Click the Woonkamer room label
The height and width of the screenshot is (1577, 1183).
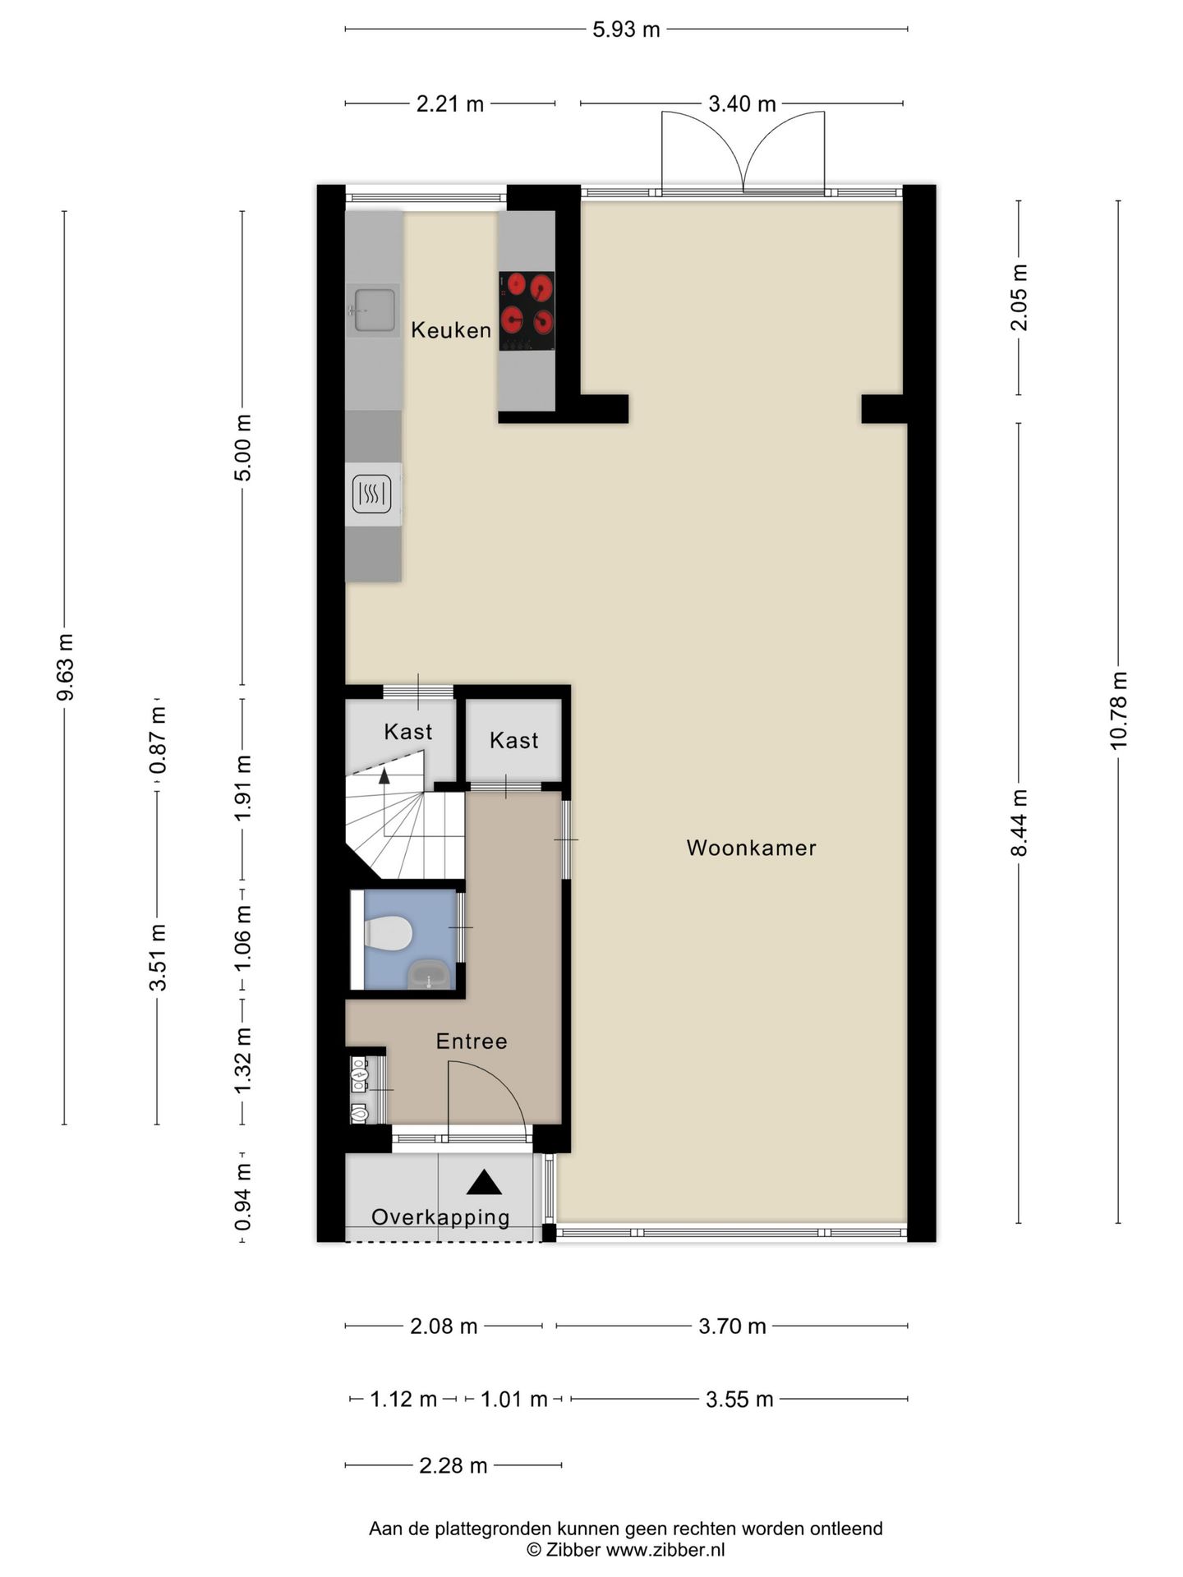(751, 848)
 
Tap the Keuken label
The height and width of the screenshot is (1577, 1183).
(451, 330)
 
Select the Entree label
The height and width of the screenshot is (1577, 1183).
(472, 1041)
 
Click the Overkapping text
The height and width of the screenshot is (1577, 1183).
(440, 1217)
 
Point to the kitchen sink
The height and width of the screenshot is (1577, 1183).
(373, 310)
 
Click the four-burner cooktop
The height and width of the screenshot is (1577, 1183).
(527, 311)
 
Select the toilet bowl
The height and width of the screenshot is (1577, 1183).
(388, 934)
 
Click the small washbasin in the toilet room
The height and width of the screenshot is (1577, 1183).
(429, 974)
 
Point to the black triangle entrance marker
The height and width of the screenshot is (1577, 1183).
(484, 1183)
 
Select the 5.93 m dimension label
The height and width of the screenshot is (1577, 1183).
(627, 30)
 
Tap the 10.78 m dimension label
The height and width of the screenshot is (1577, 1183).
(1118, 710)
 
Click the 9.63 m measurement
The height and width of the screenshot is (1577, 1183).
(65, 667)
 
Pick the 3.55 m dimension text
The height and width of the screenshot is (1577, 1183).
(739, 1399)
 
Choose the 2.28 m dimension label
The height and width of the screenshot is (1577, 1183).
(453, 1465)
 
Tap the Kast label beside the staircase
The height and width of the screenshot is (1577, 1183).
(408, 731)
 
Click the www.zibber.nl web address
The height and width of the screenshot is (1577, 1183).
(665, 1550)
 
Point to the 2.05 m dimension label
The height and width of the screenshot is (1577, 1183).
(1019, 297)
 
